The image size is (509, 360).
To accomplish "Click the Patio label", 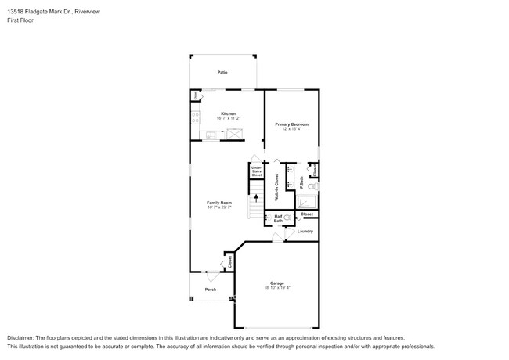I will [222, 72].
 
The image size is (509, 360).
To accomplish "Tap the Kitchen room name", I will [228, 113].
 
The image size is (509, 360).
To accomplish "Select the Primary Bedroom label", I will [291, 124].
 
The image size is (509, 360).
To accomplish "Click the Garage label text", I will [276, 283].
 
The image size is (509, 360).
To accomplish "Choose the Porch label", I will [211, 290].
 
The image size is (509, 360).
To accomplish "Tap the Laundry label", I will [305, 231].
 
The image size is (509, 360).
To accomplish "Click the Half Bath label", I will [278, 218].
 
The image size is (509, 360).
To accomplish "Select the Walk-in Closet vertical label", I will [276, 187].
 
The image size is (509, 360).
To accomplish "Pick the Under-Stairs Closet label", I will [256, 171].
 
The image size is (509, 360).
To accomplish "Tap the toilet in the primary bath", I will [312, 187].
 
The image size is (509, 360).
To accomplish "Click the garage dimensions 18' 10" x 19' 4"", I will [276, 288].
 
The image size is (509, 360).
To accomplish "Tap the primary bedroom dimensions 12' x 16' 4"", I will [291, 128].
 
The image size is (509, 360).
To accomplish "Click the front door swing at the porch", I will [211, 275].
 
